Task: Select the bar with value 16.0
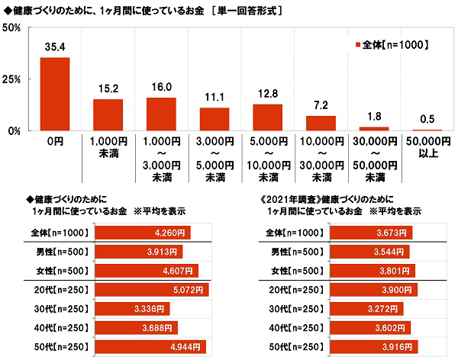point(161,114)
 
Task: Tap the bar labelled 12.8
point(267,117)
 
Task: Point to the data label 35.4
point(55,47)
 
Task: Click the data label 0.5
point(427,120)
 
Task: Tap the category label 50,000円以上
point(427,148)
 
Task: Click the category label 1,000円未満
point(108,148)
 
